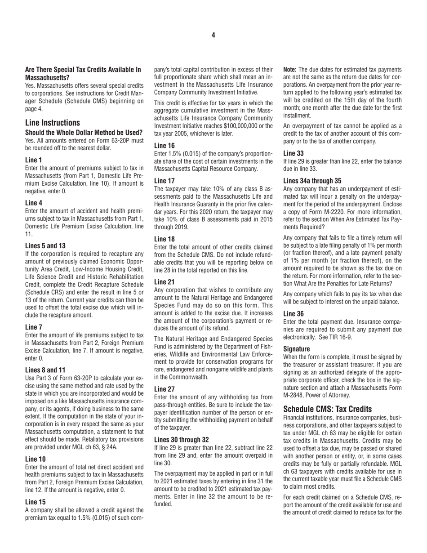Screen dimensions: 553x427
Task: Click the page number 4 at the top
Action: point(213,35)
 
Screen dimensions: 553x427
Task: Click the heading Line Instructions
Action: point(53,123)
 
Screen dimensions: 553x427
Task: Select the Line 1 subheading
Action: point(34,160)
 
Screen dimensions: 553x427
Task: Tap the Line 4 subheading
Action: point(34,203)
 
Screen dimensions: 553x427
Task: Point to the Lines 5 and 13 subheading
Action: point(45,245)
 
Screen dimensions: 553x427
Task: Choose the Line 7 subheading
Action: point(34,327)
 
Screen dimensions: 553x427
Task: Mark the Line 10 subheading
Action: point(36,459)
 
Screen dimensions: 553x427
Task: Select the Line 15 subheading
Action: point(36,502)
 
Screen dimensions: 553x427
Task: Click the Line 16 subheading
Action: point(165,145)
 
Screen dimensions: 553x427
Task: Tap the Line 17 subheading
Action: point(165,179)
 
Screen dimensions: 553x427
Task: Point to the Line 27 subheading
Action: point(165,389)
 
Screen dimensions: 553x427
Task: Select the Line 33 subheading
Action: point(294,153)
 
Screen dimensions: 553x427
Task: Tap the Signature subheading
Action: point(297,349)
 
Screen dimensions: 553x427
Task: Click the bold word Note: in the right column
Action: point(290,70)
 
